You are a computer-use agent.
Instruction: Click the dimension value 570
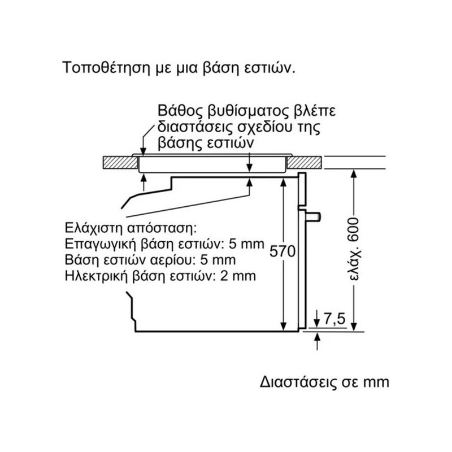282,251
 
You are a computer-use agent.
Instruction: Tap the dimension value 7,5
334,319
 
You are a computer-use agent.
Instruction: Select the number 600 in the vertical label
354,230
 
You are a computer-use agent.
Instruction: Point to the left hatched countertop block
120,163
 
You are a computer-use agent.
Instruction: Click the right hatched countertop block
304,163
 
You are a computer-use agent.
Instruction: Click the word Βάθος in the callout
180,111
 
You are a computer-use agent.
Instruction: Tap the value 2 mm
238,276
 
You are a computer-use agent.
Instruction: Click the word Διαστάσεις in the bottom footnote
298,382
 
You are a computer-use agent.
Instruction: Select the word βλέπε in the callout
315,111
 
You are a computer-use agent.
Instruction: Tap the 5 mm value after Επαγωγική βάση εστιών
246,244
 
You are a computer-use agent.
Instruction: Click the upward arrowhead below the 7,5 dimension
318,336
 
